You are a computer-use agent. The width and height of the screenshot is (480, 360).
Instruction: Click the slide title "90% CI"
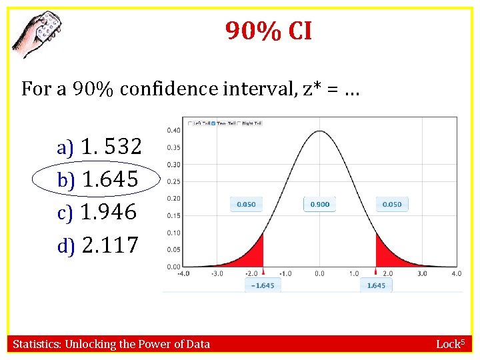pos(269,31)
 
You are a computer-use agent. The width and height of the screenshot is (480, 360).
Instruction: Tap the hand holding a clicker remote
pos(37,33)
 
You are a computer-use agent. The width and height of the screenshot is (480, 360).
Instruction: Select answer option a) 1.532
pos(99,147)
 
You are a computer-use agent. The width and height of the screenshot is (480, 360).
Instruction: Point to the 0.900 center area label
pos(320,204)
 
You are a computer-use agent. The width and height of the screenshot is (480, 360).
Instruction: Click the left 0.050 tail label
pos(247,204)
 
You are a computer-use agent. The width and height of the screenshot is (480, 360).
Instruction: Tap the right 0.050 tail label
pos(392,204)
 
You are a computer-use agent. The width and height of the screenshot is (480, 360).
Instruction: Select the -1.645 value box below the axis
pos(263,285)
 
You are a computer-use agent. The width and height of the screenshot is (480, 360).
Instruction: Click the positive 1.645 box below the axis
pos(376,285)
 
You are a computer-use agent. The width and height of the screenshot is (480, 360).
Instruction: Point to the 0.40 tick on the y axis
pos(173,130)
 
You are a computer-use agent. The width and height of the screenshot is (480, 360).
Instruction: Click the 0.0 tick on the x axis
pos(319,273)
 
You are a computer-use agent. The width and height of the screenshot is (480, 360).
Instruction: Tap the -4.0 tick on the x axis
pos(183,273)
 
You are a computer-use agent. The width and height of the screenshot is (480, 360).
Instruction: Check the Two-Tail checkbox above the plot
pos(213,123)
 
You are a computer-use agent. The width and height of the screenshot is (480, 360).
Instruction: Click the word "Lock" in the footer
pos(447,344)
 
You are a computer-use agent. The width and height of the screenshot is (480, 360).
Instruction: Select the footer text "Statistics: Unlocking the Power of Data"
pos(111,344)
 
